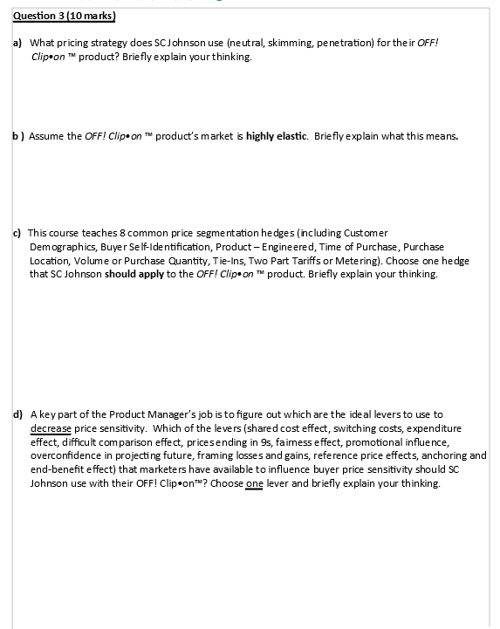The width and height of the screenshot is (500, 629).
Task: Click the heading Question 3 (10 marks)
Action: pos(59,17)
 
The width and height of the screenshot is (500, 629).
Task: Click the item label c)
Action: pos(17,232)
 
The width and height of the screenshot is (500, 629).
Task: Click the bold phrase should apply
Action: pos(132,274)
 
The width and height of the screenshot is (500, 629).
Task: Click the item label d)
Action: pos(17,414)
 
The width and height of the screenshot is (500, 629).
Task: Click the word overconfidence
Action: pos(69,456)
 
